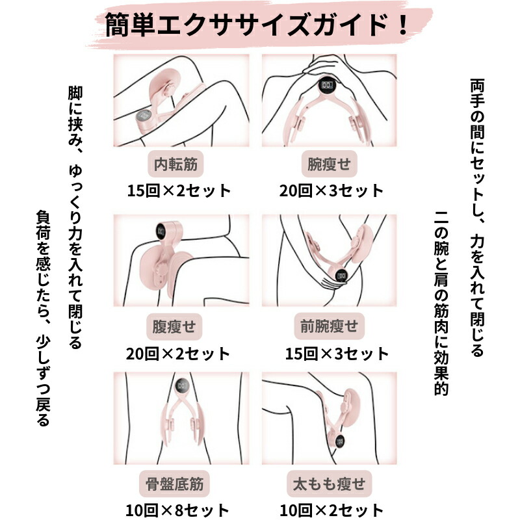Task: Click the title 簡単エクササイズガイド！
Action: coord(256,25)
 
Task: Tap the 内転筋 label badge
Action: coord(175,164)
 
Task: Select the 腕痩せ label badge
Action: coord(329,164)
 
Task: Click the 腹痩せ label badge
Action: coord(174,327)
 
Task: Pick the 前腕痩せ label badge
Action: coord(330,326)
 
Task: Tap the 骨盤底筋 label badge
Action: coord(174,484)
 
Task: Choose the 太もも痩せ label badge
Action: coord(330,484)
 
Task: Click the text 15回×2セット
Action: coord(179,190)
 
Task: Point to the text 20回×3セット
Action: coord(331,190)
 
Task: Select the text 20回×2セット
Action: coord(178,354)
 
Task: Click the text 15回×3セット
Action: coord(337,354)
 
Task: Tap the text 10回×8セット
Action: coord(177,511)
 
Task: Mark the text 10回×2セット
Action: coord(331,511)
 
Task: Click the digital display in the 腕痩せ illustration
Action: coord(328,86)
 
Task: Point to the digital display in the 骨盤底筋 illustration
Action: coord(183,385)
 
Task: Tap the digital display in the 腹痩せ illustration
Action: coord(161,231)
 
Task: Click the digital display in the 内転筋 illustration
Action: coord(144,116)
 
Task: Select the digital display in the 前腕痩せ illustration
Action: coord(341,276)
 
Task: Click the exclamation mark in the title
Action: coord(403,25)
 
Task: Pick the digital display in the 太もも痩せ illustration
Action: coord(339,441)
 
